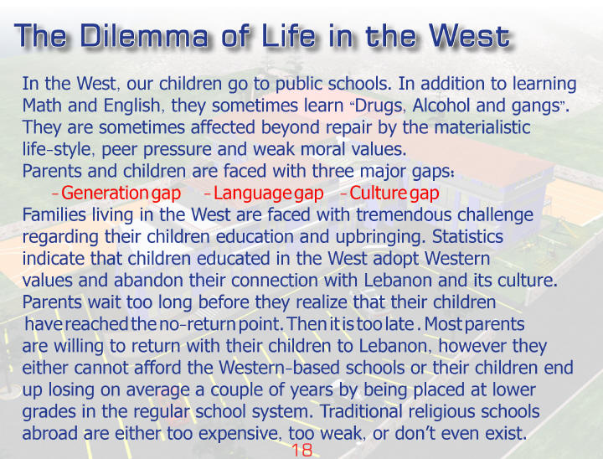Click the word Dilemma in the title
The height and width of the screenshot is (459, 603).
(144, 36)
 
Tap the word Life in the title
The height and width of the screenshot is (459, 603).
(288, 36)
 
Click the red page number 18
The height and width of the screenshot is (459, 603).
(302, 450)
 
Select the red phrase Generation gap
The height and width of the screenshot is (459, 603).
(121, 193)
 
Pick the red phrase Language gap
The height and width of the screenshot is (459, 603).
(268, 193)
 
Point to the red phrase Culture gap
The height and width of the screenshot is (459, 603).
(394, 193)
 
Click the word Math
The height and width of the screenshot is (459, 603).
(42, 106)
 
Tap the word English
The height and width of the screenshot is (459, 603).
(131, 106)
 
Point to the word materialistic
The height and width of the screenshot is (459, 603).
(482, 127)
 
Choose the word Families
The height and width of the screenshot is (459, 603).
(54, 214)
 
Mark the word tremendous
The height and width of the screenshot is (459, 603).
(404, 214)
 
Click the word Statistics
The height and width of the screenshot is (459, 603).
(467, 236)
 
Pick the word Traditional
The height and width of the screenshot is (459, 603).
(361, 411)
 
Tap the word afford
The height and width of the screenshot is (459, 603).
(157, 368)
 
